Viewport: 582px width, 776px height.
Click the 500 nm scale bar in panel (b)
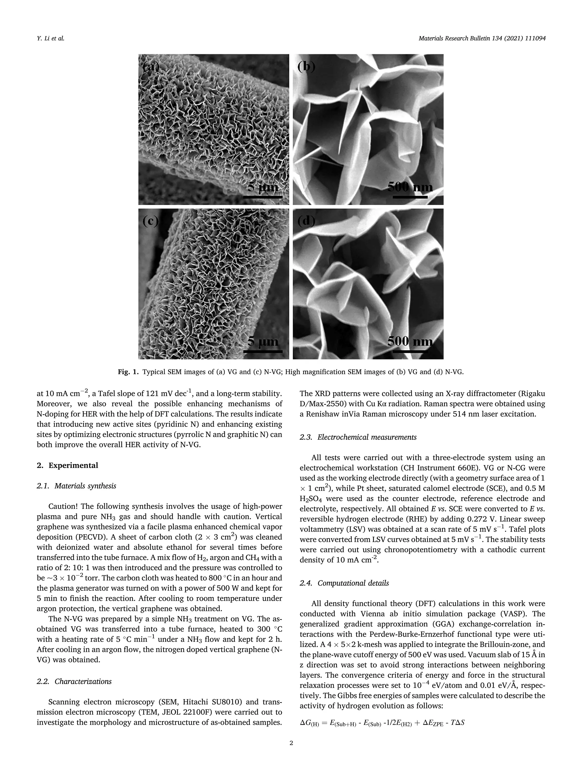(x=410, y=197)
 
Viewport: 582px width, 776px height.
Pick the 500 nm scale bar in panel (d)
(x=410, y=351)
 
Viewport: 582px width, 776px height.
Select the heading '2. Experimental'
(x=67, y=465)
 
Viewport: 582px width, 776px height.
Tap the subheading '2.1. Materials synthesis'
(x=76, y=486)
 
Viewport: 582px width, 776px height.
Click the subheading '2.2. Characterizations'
(x=74, y=681)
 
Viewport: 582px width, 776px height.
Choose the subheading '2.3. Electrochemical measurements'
(x=358, y=437)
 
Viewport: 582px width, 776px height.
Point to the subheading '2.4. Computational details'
(x=344, y=583)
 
